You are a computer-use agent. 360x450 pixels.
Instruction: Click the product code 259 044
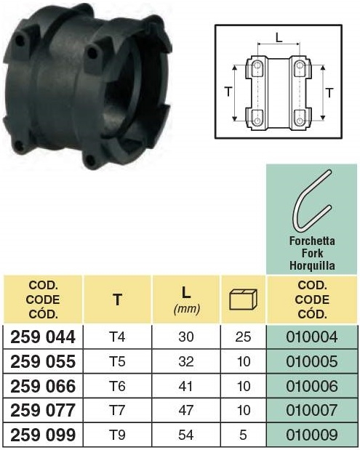pyautogui.click(x=43, y=337)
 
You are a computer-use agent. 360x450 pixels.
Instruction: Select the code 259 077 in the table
pyautogui.click(x=43, y=411)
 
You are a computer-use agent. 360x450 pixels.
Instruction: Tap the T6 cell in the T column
pyautogui.click(x=117, y=386)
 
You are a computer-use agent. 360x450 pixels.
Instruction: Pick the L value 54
pyautogui.click(x=185, y=435)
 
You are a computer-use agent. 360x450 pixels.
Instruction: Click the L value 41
pyautogui.click(x=185, y=386)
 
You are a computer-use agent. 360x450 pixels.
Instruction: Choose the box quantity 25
pyautogui.click(x=243, y=337)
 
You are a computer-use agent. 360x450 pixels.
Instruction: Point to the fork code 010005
pyautogui.click(x=312, y=361)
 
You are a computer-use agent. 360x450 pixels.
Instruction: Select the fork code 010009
pyautogui.click(x=312, y=435)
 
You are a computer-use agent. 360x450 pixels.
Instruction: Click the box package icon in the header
pyautogui.click(x=243, y=300)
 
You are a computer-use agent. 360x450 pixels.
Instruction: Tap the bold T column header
pyautogui.click(x=117, y=300)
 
